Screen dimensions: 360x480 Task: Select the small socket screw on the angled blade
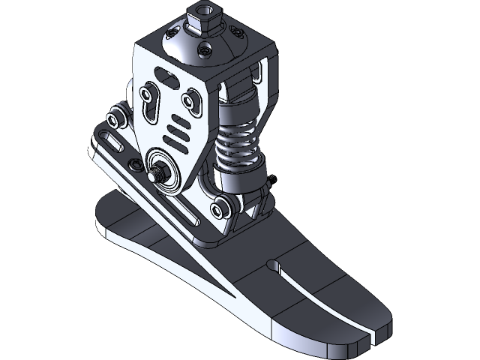135,163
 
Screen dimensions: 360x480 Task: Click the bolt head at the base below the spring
220,206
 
